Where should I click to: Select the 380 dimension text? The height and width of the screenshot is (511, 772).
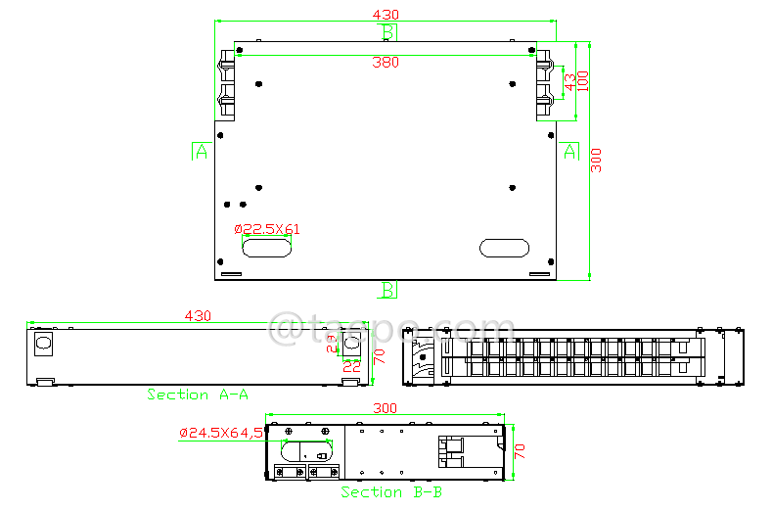click(386, 64)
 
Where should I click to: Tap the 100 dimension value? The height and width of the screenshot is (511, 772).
click(584, 80)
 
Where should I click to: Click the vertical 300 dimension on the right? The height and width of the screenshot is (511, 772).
click(597, 161)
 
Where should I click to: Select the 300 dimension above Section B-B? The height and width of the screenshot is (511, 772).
click(386, 408)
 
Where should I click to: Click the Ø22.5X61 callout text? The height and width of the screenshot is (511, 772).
click(267, 229)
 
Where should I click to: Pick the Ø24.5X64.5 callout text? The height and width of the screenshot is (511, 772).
click(221, 432)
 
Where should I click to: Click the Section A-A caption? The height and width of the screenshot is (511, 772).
click(198, 395)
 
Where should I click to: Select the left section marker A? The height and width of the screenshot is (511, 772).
click(201, 151)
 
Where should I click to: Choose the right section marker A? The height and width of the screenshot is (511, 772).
click(570, 151)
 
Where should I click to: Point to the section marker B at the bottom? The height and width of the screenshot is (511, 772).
click(388, 290)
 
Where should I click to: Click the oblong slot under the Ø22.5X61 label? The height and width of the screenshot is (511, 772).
click(266, 248)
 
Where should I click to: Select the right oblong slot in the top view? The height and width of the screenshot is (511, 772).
click(505, 248)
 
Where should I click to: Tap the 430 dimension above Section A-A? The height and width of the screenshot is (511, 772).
click(198, 316)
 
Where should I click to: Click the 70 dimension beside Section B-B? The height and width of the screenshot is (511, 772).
click(521, 451)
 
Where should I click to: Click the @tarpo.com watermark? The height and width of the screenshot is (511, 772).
click(391, 331)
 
